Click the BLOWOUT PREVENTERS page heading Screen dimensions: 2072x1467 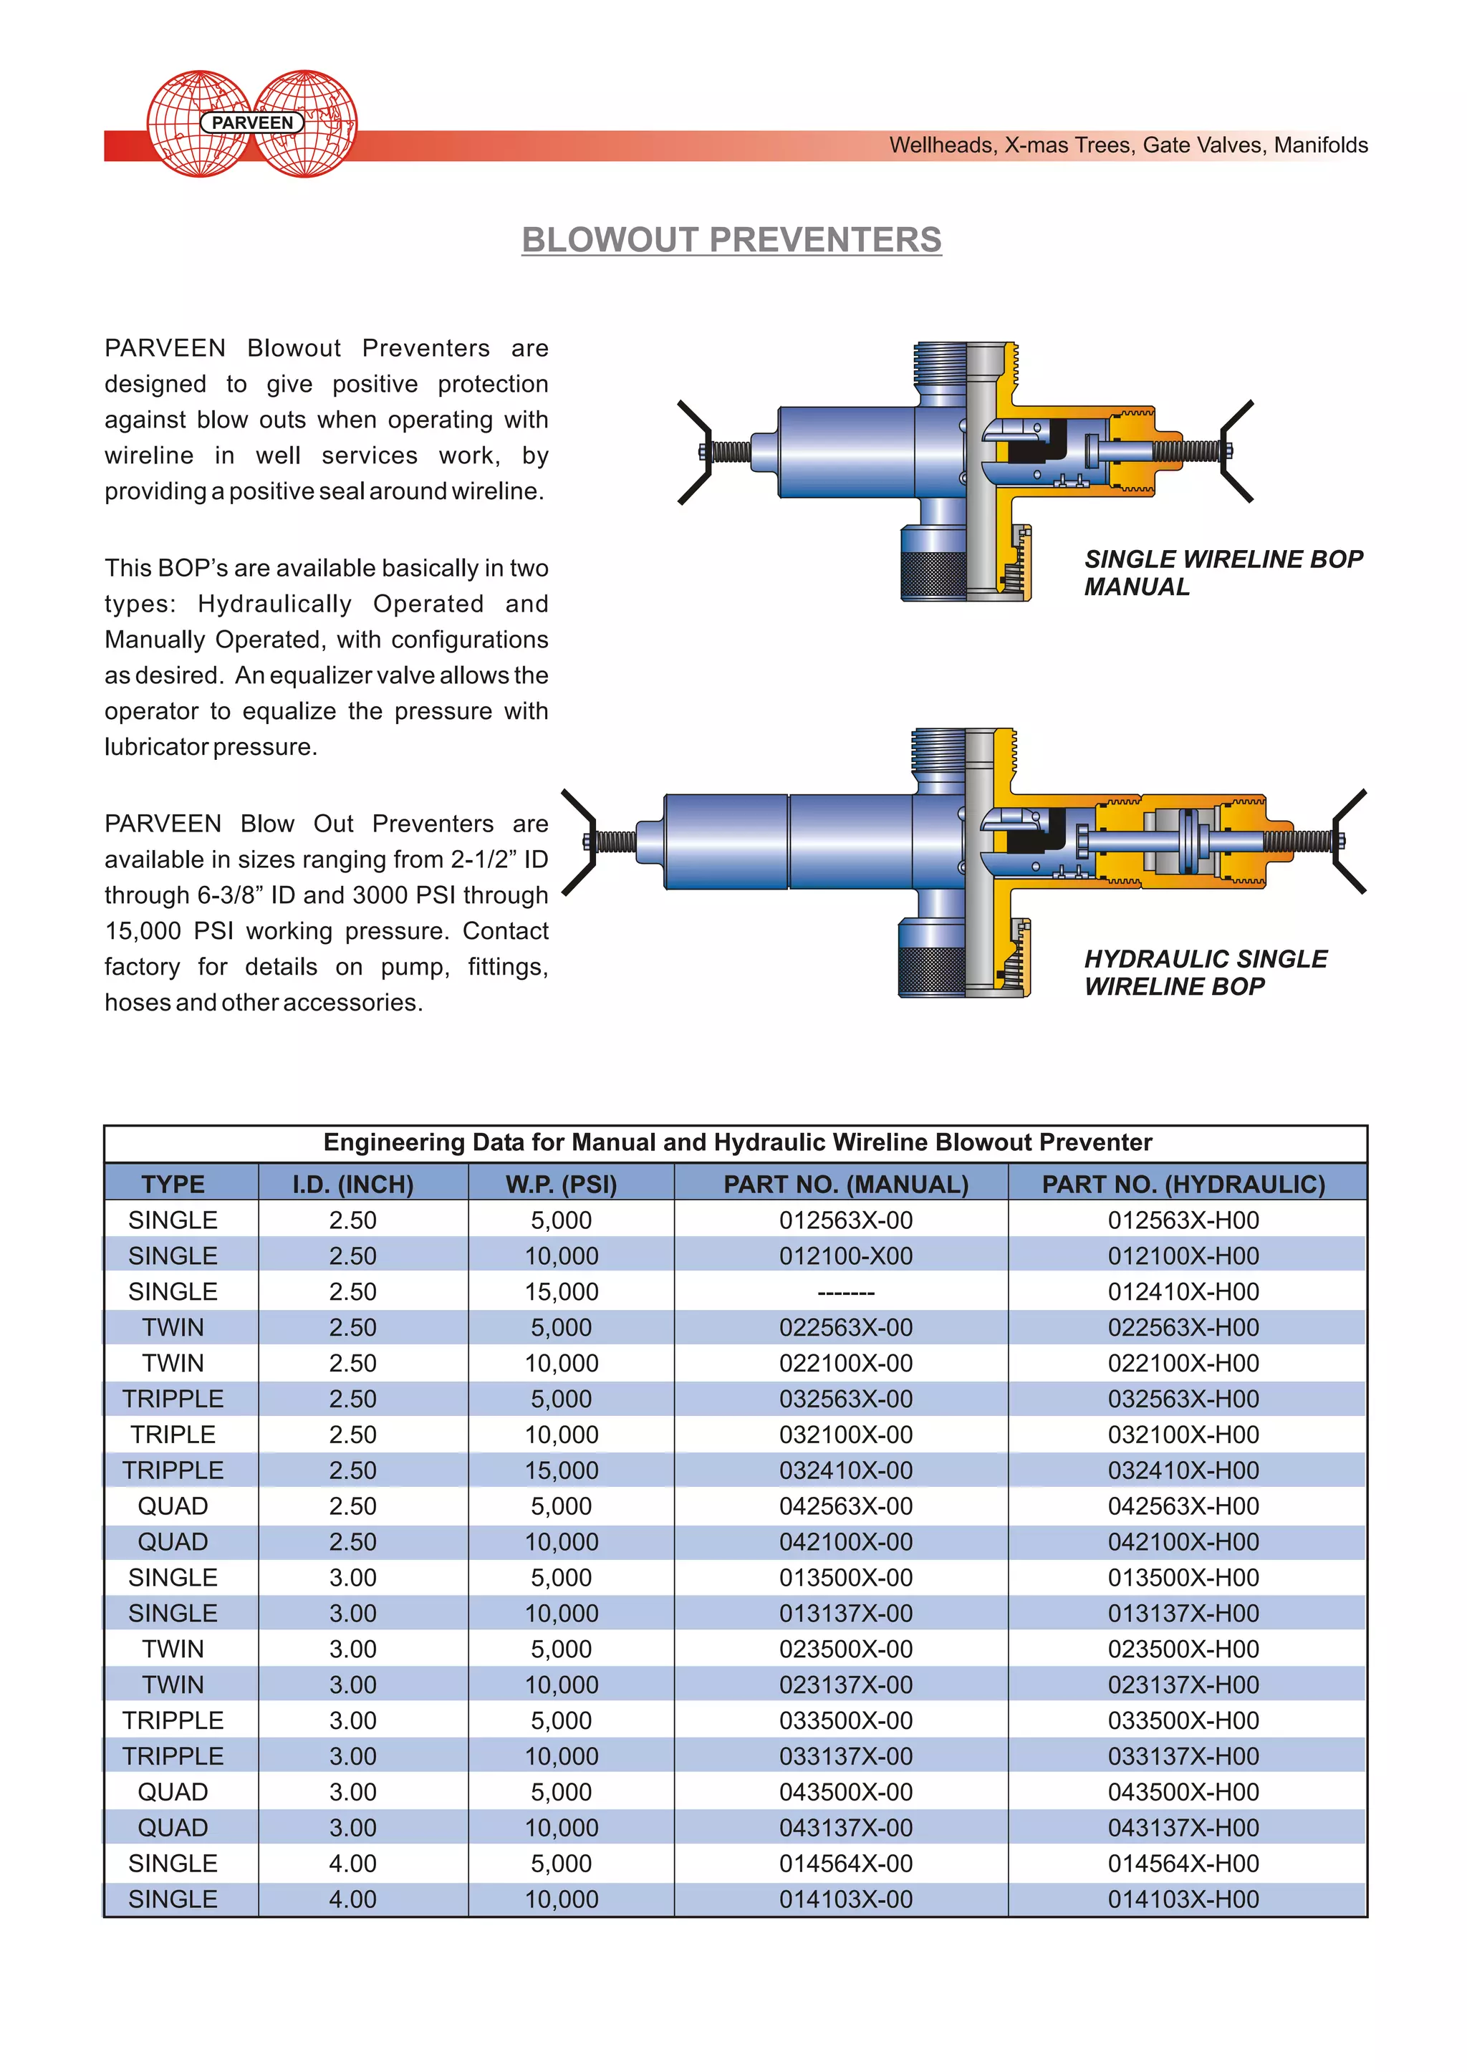click(731, 240)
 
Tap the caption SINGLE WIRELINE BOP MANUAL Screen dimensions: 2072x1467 click(1223, 573)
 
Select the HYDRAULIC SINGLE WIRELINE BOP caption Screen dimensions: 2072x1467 click(1205, 972)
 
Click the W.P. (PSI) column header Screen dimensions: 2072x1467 click(561, 1184)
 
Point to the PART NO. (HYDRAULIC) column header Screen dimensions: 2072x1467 click(1183, 1184)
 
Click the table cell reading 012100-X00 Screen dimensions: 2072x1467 click(845, 1256)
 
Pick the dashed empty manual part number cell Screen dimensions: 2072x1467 click(845, 1291)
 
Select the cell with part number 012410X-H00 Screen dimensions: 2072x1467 click(1183, 1291)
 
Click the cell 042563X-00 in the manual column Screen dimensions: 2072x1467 click(845, 1505)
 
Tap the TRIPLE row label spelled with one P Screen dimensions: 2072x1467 click(173, 1435)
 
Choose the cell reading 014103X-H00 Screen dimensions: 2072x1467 click(1183, 1899)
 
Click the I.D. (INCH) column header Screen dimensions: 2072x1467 click(352, 1184)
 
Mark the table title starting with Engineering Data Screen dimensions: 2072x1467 click(736, 1142)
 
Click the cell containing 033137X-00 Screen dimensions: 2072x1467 click(845, 1756)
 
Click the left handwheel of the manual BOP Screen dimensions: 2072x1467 click(695, 452)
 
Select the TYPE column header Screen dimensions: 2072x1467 click(173, 1184)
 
